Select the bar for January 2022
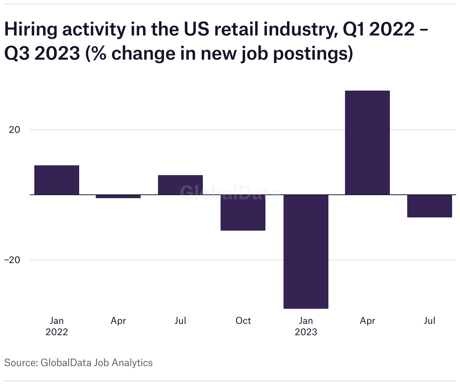(x=57, y=180)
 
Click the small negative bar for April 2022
(x=118, y=196)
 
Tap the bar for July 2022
(x=180, y=185)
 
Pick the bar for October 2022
(x=243, y=213)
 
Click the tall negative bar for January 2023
(x=306, y=251)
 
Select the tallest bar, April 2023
(x=367, y=143)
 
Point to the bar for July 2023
(x=429, y=206)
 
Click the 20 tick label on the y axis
(x=14, y=130)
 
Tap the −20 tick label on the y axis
(x=12, y=260)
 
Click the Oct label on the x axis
(x=243, y=321)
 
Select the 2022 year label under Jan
(x=57, y=332)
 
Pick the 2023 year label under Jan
(x=306, y=332)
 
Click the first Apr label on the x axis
(x=118, y=321)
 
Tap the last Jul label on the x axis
(x=429, y=321)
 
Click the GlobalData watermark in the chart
(x=230, y=192)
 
